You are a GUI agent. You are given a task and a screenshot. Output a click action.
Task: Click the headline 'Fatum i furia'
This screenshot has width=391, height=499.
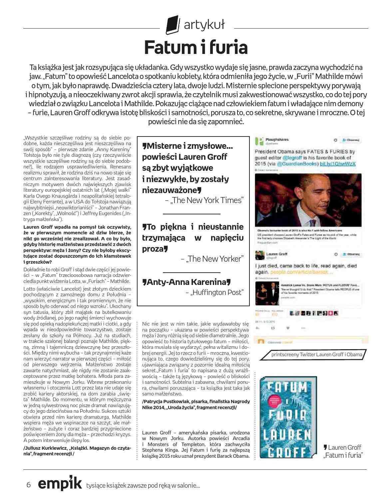click(x=196, y=47)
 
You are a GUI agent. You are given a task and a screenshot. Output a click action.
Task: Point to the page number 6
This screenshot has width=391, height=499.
click(x=29, y=485)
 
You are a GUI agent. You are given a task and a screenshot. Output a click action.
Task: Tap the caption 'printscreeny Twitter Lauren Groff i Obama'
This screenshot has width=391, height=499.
click(x=316, y=354)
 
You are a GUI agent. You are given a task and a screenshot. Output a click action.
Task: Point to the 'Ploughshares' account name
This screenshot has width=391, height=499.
click(x=277, y=140)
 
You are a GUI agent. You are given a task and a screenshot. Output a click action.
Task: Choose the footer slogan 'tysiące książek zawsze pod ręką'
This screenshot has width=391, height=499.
click(x=143, y=485)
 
